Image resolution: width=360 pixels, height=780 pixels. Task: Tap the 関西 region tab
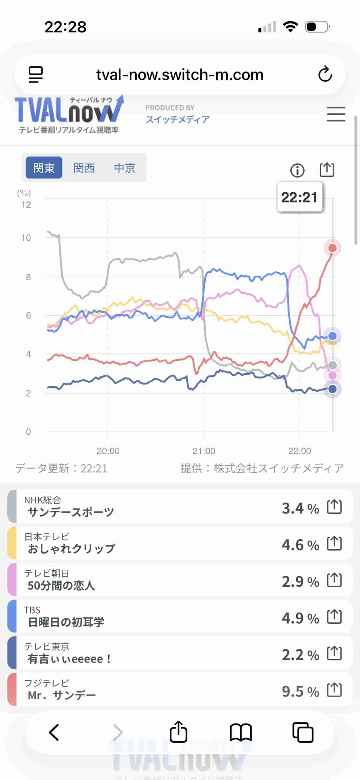point(84,168)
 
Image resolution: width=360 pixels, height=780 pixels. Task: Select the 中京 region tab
point(125,168)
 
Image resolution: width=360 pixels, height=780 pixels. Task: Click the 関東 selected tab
point(44,168)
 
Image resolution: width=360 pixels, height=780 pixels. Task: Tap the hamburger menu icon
point(336,114)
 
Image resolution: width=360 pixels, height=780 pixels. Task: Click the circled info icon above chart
point(297,170)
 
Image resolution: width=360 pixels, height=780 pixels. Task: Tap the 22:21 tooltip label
point(300,197)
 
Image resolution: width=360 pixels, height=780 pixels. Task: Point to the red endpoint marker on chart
point(332,248)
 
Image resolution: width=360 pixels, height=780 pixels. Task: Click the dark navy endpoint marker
point(332,389)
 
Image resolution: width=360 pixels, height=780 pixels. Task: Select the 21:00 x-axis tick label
point(204,451)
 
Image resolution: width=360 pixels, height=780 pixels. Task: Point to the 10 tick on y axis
point(26,238)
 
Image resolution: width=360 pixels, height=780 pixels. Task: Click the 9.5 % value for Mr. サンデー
point(300,691)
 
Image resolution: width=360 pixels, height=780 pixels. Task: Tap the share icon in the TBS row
point(334,617)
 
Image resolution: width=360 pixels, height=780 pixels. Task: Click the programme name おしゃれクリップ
point(71,549)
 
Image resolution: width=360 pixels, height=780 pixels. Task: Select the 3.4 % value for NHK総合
point(300,508)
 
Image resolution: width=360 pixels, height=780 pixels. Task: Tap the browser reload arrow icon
point(325,74)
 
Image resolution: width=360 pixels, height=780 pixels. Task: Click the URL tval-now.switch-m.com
point(180,75)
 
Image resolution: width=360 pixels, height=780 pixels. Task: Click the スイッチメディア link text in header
point(178,120)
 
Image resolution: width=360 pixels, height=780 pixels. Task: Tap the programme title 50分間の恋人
point(61,585)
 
